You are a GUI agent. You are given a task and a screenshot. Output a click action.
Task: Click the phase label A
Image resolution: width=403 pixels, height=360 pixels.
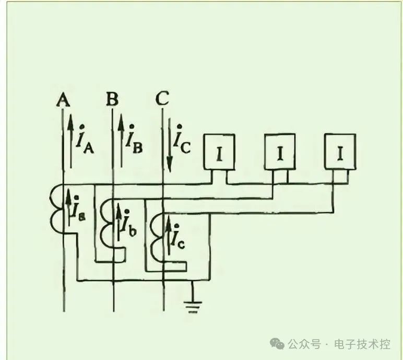(63, 99)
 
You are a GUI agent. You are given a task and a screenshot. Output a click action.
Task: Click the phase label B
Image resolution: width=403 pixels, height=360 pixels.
(112, 99)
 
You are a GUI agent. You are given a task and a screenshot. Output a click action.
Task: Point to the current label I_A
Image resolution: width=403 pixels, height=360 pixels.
(85, 138)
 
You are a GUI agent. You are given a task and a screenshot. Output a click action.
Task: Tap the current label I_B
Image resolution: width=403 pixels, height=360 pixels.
(134, 138)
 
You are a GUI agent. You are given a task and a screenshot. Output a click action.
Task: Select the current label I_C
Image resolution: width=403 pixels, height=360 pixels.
(183, 138)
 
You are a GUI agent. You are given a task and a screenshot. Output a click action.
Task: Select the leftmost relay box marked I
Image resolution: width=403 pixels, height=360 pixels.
(219, 153)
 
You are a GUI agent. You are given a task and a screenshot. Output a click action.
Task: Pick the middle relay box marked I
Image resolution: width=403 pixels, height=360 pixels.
(280, 153)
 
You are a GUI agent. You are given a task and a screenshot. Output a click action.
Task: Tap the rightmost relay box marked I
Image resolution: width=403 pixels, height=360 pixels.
(340, 152)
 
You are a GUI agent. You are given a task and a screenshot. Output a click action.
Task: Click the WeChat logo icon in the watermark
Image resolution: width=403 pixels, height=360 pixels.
(277, 343)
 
